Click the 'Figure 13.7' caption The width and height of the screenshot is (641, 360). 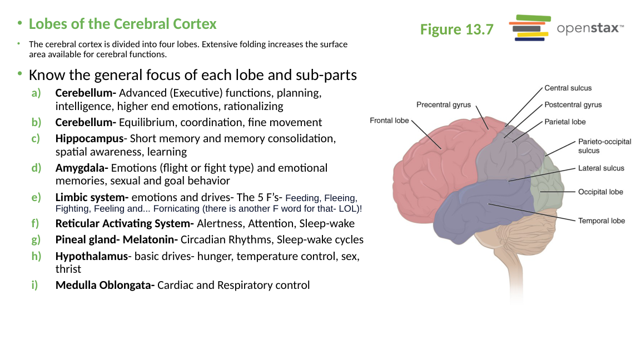[x=456, y=29]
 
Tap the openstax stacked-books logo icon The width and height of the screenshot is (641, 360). [x=530, y=28]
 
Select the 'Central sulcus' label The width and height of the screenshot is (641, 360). [x=568, y=88]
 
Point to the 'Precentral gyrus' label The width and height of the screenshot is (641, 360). [x=444, y=104]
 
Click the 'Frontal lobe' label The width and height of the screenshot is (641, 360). [x=389, y=121]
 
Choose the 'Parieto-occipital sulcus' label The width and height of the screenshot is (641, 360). [x=604, y=146]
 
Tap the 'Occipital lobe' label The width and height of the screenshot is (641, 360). [x=600, y=192]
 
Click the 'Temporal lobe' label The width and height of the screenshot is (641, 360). [x=602, y=221]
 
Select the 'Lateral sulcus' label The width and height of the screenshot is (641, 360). [x=601, y=168]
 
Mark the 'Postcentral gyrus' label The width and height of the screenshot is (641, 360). [x=573, y=105]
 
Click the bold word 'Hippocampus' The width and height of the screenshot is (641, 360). [x=90, y=138]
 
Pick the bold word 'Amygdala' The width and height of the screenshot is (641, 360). [x=80, y=168]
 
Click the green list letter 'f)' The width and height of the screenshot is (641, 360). [x=35, y=223]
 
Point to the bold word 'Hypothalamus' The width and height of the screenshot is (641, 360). [x=92, y=256]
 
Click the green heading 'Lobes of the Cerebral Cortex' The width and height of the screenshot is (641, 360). [x=123, y=24]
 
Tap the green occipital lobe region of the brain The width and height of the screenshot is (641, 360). [x=546, y=187]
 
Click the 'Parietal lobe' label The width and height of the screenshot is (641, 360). [x=565, y=122]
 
